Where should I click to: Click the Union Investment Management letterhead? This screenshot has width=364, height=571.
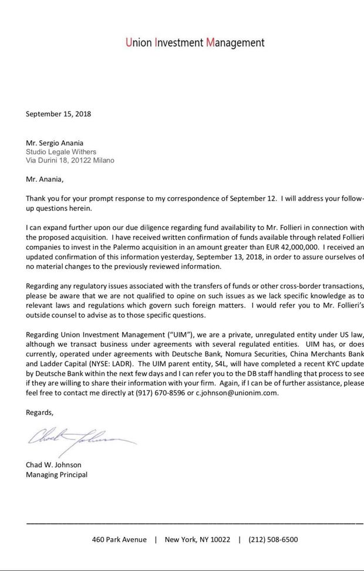195,43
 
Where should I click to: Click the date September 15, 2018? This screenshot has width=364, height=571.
58,114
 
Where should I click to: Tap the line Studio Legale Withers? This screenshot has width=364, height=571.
61,151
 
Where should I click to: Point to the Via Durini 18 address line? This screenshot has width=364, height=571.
70,160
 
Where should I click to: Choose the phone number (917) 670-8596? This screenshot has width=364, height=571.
154,393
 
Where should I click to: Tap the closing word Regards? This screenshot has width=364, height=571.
39,412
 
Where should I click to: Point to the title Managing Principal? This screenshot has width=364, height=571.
56,474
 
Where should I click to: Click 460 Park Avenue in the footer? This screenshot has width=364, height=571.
119,539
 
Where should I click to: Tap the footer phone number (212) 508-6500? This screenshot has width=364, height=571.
273,539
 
